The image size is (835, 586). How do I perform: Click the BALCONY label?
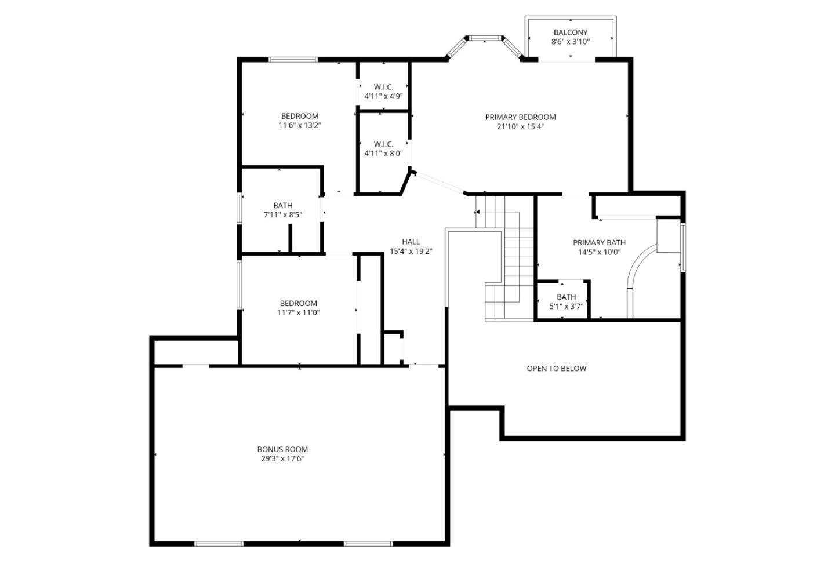pos(570,32)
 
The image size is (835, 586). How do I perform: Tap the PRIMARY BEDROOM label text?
pos(520,117)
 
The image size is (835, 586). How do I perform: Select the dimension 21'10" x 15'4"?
pos(520,126)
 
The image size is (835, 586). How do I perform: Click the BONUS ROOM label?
pos(282,449)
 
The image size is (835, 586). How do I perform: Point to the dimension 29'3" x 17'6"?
pos(282,458)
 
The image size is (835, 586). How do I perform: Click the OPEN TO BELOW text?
pos(556,368)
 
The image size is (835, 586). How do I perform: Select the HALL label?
pos(411,242)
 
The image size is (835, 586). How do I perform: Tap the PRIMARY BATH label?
pos(599,242)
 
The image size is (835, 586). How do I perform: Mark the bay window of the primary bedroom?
pos(485,39)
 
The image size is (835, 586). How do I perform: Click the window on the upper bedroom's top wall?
pos(293,59)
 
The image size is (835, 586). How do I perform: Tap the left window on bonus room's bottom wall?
pos(219,544)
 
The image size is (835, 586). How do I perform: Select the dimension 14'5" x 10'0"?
pos(599,252)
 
